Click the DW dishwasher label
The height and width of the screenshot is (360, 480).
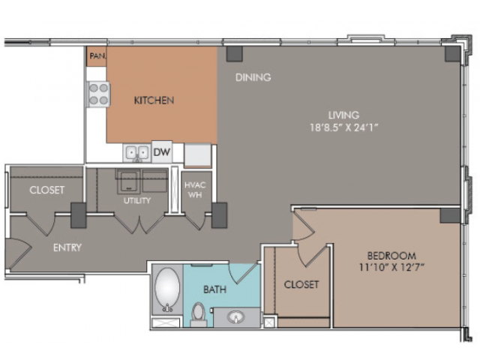(162, 152)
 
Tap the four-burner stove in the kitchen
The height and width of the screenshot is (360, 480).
(98, 94)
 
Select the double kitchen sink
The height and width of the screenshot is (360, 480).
(137, 153)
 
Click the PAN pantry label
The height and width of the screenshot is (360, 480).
(97, 56)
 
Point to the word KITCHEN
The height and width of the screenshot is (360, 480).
(154, 100)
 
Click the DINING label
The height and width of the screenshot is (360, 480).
(253, 77)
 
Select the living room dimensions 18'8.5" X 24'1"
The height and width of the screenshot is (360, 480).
(344, 127)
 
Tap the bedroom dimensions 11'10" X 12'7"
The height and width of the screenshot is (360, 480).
(391, 267)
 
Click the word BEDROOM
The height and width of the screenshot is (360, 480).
(391, 256)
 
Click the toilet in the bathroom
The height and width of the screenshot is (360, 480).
(198, 313)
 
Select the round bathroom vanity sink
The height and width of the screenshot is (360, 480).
(235, 316)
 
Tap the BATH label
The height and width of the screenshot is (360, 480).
(215, 289)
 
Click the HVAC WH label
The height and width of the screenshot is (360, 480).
(195, 190)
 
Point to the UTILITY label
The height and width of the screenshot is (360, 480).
(137, 200)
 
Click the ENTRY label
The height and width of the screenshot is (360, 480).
(67, 247)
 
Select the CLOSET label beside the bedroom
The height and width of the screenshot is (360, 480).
(301, 284)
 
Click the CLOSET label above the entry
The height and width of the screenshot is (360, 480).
(46, 190)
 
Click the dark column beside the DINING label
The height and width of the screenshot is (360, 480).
(235, 54)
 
